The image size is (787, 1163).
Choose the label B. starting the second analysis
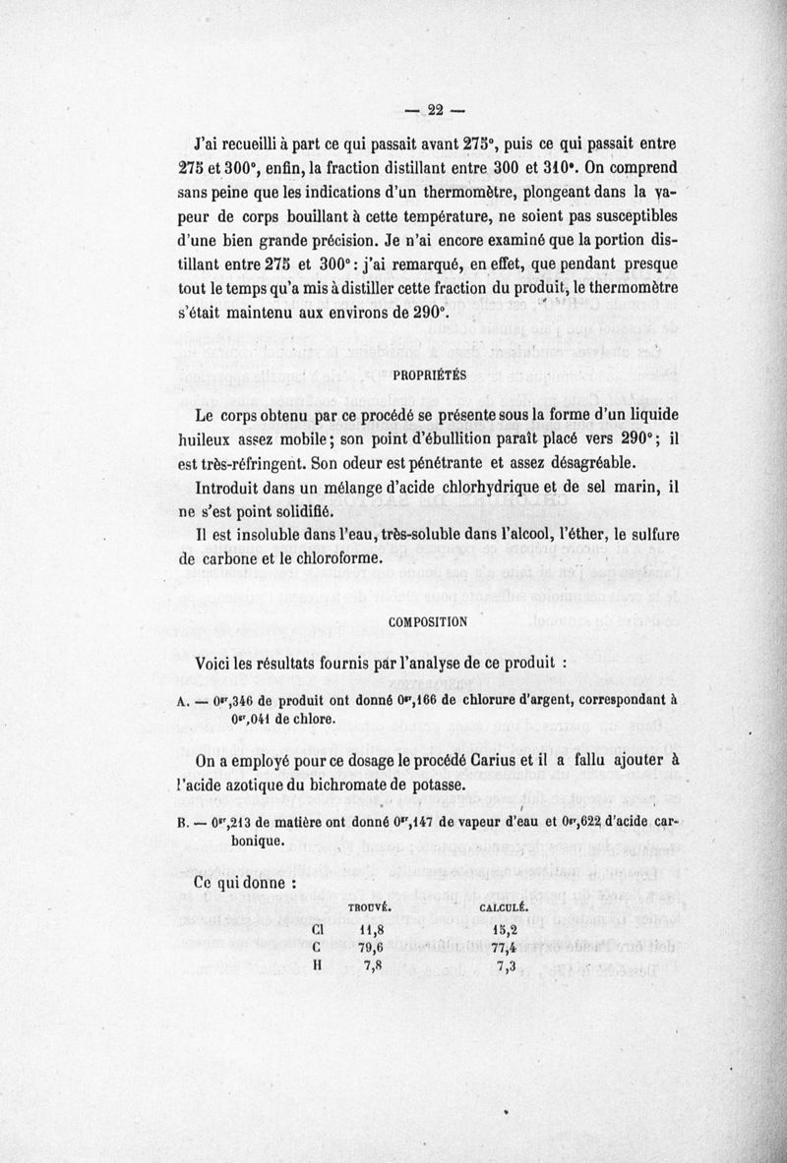(x=182, y=825)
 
